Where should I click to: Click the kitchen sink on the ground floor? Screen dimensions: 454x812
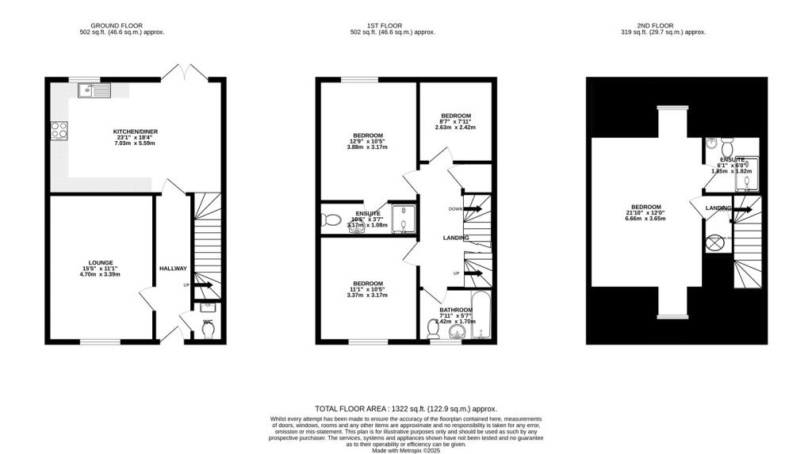93,91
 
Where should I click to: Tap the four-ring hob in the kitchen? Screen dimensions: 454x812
58,129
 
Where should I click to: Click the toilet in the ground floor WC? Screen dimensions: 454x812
209,332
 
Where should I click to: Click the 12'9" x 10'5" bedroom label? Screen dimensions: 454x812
367,135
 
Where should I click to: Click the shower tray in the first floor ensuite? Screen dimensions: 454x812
404,217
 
